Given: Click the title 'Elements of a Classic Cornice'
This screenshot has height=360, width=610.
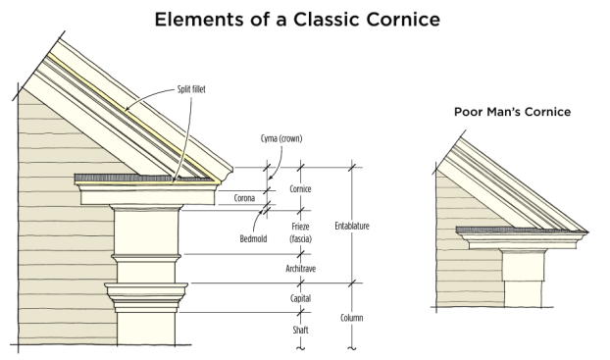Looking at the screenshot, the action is click(297, 19).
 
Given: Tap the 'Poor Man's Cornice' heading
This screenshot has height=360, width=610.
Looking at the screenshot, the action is click(512, 112).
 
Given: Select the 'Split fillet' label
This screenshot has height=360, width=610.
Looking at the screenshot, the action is click(191, 89).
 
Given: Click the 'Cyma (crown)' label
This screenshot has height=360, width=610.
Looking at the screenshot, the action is click(281, 138).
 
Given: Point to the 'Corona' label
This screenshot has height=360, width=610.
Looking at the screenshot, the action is click(244, 198).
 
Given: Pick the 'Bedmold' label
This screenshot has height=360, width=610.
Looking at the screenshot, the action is click(253, 238).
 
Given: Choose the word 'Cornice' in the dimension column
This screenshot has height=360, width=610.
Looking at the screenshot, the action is click(300, 188).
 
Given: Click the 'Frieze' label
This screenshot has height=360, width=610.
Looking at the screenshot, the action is click(300, 227).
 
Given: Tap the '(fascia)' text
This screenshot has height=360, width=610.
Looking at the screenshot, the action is click(300, 238).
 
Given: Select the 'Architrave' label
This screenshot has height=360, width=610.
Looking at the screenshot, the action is click(301, 269).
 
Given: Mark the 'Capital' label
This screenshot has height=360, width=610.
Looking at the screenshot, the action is click(300, 298).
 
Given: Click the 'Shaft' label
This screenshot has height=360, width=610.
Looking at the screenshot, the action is click(300, 330).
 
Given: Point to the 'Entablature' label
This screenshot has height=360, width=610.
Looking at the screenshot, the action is click(352, 226).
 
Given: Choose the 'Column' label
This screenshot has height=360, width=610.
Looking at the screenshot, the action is click(352, 318).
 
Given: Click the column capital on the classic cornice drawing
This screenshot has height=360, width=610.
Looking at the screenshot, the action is click(146, 298).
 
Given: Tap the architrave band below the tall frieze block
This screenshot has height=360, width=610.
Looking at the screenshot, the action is click(146, 269).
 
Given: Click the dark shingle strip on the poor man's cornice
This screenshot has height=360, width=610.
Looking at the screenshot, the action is click(522, 231).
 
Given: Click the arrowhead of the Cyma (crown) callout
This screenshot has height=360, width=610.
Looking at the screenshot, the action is click(270, 178).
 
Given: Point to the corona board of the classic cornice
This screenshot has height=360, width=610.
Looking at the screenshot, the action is click(148, 197).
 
